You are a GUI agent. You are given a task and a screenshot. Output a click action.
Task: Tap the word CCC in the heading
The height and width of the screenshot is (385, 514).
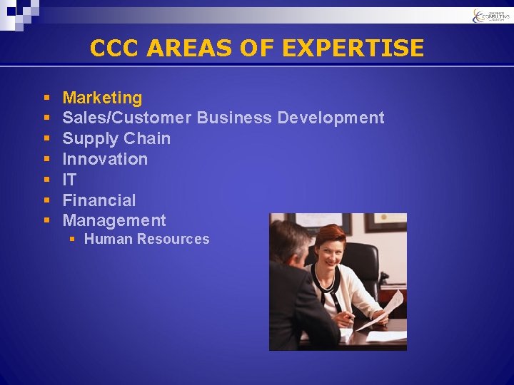point(116,48)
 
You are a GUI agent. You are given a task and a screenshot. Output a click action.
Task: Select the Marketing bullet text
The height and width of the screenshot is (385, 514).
point(102,98)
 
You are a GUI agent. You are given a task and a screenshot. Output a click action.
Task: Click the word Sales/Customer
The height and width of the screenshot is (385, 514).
point(126,118)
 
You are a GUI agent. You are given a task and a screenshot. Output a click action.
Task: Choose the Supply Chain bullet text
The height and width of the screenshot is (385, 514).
point(116,138)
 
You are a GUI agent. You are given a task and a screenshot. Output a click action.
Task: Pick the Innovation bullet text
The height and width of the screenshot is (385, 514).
point(105,159)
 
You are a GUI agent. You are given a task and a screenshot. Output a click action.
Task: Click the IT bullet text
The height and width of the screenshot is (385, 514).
point(69,180)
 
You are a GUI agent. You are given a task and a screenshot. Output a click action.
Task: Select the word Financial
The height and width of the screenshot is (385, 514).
point(99,200)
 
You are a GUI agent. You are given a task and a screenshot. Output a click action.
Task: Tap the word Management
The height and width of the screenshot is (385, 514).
point(114,221)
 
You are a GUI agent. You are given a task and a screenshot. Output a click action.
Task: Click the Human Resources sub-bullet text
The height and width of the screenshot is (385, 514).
point(146,240)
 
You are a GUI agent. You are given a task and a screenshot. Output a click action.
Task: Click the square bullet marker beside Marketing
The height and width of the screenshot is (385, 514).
point(46,98)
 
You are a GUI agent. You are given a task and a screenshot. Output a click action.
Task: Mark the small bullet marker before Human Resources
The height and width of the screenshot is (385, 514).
point(72,240)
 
